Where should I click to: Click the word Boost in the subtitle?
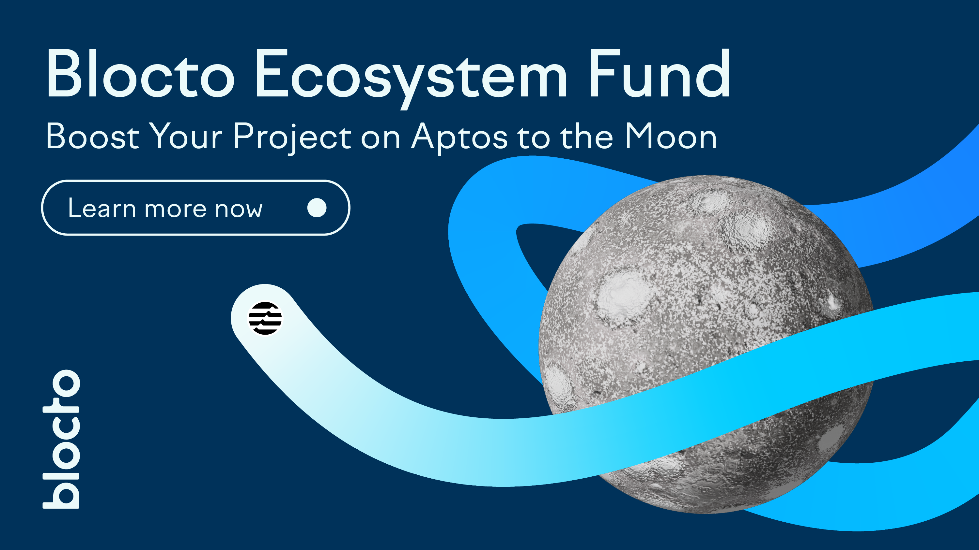(x=93, y=136)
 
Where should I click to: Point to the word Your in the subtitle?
(x=186, y=136)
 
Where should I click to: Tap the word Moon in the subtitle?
(x=671, y=136)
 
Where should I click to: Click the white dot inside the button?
(x=317, y=208)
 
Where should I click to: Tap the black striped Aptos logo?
(x=265, y=318)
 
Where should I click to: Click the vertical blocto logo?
(x=61, y=439)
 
